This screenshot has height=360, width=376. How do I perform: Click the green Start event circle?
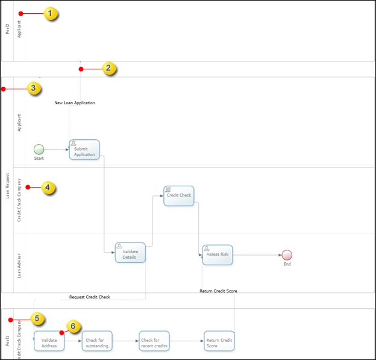(x=39, y=149)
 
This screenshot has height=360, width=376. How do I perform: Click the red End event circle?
(x=287, y=255)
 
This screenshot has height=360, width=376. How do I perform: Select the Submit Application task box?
(x=84, y=150)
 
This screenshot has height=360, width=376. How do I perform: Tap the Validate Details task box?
(x=130, y=253)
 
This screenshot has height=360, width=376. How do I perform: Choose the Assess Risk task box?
(x=217, y=254)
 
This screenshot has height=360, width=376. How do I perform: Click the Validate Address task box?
(x=49, y=341)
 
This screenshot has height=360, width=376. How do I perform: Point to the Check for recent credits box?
(x=154, y=341)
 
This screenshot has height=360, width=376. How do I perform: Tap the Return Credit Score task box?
(x=219, y=341)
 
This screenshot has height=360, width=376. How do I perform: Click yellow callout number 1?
(x=52, y=13)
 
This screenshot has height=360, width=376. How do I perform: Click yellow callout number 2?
(x=108, y=68)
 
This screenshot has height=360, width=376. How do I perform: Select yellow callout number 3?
(x=34, y=89)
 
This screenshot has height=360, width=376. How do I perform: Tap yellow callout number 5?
(x=38, y=318)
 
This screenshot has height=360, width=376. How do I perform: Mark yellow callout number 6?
(x=73, y=326)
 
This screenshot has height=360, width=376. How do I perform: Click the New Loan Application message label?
(x=75, y=103)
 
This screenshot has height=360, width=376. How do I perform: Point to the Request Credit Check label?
(x=90, y=297)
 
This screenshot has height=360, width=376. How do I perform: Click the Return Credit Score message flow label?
(x=218, y=291)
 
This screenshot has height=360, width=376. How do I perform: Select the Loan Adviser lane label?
(x=19, y=263)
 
